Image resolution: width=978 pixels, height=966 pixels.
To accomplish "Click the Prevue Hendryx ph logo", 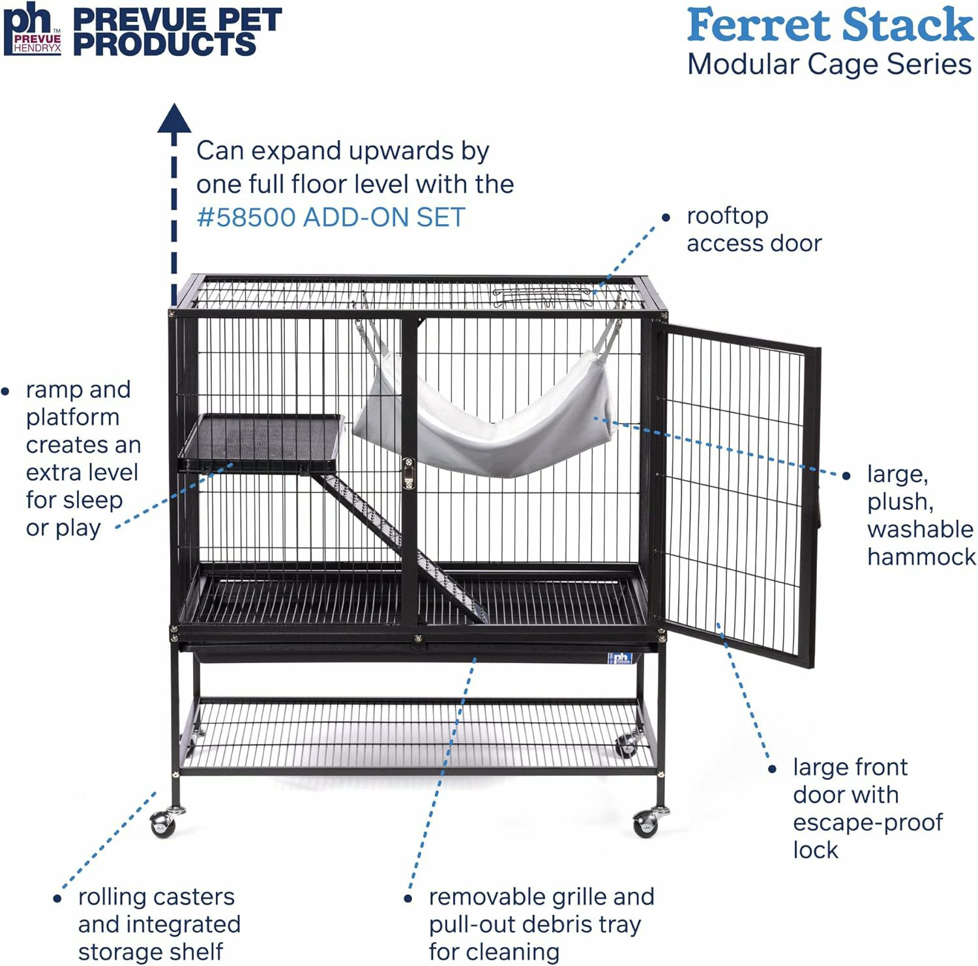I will (x=32, y=29).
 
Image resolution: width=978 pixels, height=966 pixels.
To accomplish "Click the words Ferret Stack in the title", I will (x=829, y=26).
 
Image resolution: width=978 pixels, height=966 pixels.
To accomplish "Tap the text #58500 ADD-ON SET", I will (x=331, y=218).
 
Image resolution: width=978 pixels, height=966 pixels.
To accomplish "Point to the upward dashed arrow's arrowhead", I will (x=174, y=118).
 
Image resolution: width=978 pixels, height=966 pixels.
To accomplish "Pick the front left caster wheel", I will (x=162, y=823).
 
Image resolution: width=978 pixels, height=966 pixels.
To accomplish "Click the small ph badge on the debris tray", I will (x=619, y=659).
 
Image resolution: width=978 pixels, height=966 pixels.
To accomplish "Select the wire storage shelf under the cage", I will (x=417, y=736).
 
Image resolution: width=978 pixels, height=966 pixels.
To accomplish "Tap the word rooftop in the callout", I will (x=727, y=216).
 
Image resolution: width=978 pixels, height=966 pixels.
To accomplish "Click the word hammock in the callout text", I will (x=921, y=557).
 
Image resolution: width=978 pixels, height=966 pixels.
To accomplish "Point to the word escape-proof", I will (x=867, y=822).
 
